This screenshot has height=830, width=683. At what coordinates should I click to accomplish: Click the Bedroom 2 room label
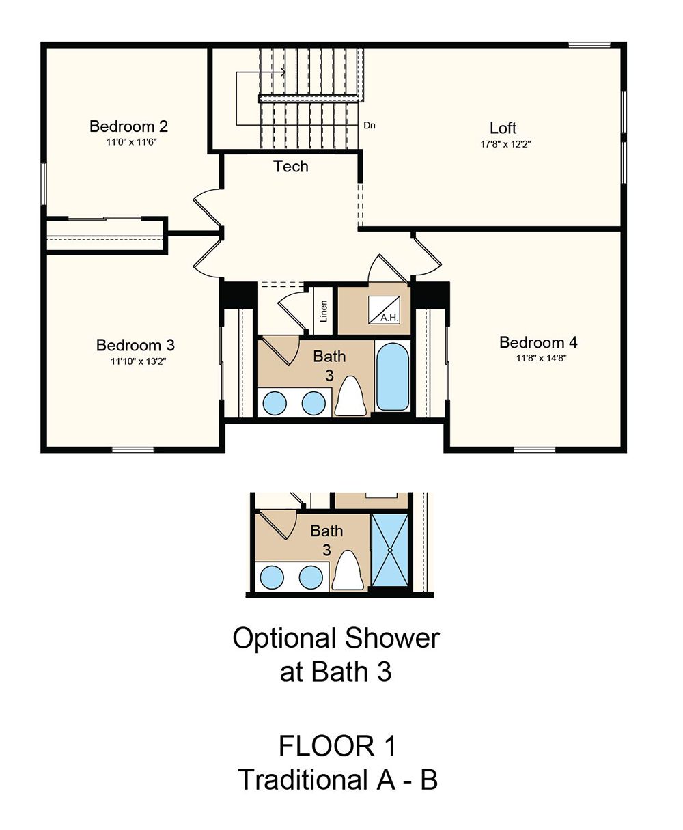128,126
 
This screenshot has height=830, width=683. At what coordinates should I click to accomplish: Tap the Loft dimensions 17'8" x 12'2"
505,144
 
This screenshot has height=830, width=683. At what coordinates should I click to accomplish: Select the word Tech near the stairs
291,167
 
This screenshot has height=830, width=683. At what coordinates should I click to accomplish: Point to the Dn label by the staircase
370,126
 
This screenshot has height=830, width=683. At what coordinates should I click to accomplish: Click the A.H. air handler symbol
384,310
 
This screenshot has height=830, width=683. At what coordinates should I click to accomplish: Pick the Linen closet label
324,312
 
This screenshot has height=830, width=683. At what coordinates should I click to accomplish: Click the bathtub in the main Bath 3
392,377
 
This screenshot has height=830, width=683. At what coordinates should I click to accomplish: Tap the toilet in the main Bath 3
350,396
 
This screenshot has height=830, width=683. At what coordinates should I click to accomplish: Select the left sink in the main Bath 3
274,403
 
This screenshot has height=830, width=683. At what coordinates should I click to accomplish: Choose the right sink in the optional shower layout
311,577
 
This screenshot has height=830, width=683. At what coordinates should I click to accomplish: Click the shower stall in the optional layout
390,550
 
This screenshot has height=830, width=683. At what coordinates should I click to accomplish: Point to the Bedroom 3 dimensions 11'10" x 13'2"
138,361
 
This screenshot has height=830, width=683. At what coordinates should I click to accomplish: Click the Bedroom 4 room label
538,342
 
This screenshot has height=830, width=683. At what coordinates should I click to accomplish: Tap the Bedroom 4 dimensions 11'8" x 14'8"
542,358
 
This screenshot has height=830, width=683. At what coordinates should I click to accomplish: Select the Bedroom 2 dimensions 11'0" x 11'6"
131,142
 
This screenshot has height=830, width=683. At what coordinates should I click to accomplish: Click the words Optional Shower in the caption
336,638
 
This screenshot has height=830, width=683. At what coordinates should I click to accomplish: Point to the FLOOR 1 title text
337,745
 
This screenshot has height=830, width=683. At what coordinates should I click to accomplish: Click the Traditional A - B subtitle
338,779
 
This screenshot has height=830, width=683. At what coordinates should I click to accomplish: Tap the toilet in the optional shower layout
348,570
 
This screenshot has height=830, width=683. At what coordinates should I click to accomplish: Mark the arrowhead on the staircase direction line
283,72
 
